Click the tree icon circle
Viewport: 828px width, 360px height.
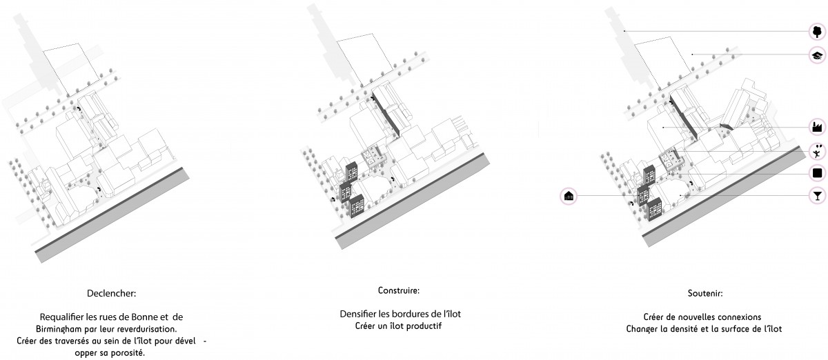(817, 32)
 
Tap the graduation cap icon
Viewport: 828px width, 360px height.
(817, 55)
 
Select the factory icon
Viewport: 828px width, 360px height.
(817, 127)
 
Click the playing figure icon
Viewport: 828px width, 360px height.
(817, 151)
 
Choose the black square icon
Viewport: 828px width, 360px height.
(817, 173)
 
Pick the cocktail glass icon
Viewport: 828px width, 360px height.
(817, 196)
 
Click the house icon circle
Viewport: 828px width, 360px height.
(569, 196)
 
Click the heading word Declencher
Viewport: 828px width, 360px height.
(111, 294)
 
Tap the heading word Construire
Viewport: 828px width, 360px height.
(399, 290)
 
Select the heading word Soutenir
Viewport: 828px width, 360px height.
(705, 294)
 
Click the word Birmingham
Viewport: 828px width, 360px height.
(59, 329)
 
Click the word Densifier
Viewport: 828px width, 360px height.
(358, 314)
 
